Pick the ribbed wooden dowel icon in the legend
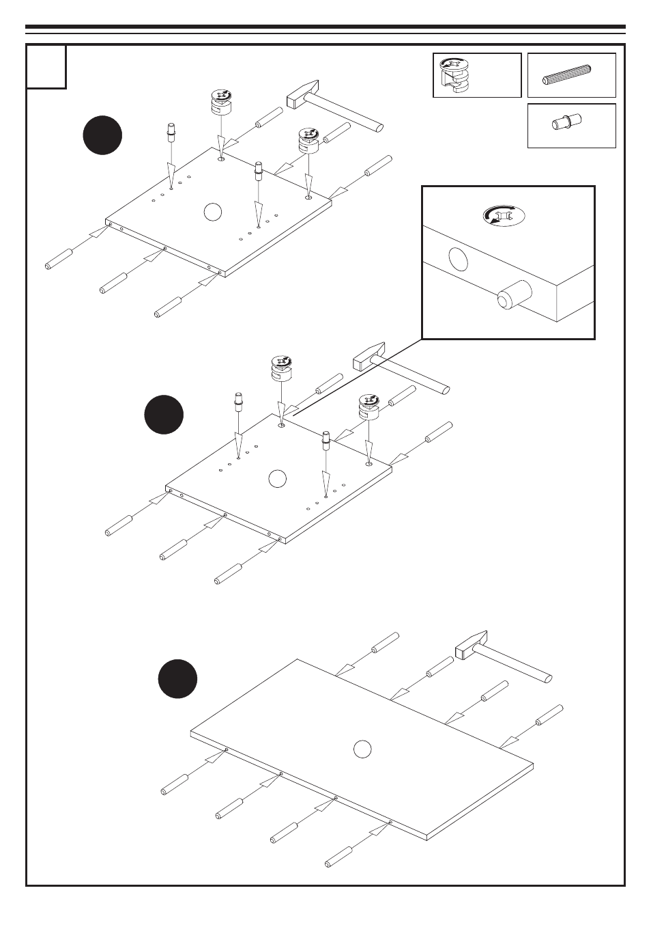coord(570,74)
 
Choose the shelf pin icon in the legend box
coord(566,123)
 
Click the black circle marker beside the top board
coord(102,135)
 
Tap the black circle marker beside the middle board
coord(164,414)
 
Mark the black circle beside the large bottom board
coord(177,678)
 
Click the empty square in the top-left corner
coord(46,67)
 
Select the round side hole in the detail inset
coord(459,260)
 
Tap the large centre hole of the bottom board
coord(362,749)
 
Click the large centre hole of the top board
coord(213,212)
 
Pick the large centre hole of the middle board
coord(276,478)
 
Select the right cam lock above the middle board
coord(368,406)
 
